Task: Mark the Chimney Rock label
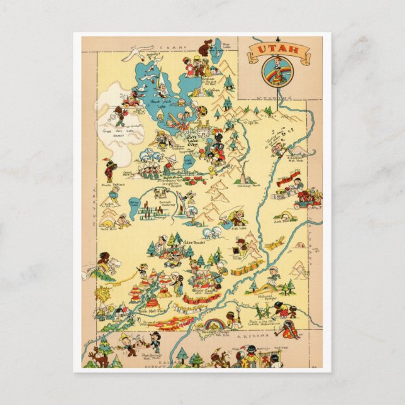coord(248,186)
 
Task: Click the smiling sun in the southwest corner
coord(104,294)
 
